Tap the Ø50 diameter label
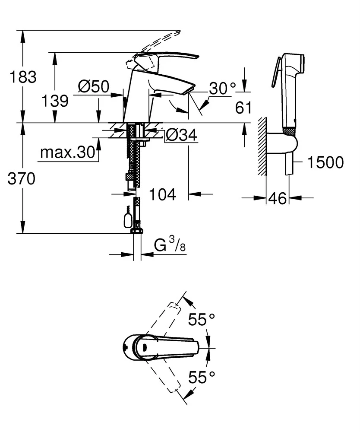pyautogui.click(x=93, y=87)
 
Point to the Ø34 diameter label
pyautogui.click(x=181, y=136)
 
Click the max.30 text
pyautogui.click(x=66, y=152)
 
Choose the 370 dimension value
pyautogui.click(x=21, y=178)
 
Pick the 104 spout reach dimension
pyautogui.click(x=163, y=195)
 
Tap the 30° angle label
pyautogui.click(x=223, y=89)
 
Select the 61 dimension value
pyautogui.click(x=243, y=108)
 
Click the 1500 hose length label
pyautogui.click(x=326, y=162)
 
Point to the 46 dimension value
pyautogui.click(x=277, y=199)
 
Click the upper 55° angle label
pyautogui.click(x=202, y=321)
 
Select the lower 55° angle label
pyautogui.click(x=202, y=378)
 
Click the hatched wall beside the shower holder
pyautogui.click(x=261, y=146)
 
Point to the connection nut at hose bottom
pyautogui.click(x=137, y=230)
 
